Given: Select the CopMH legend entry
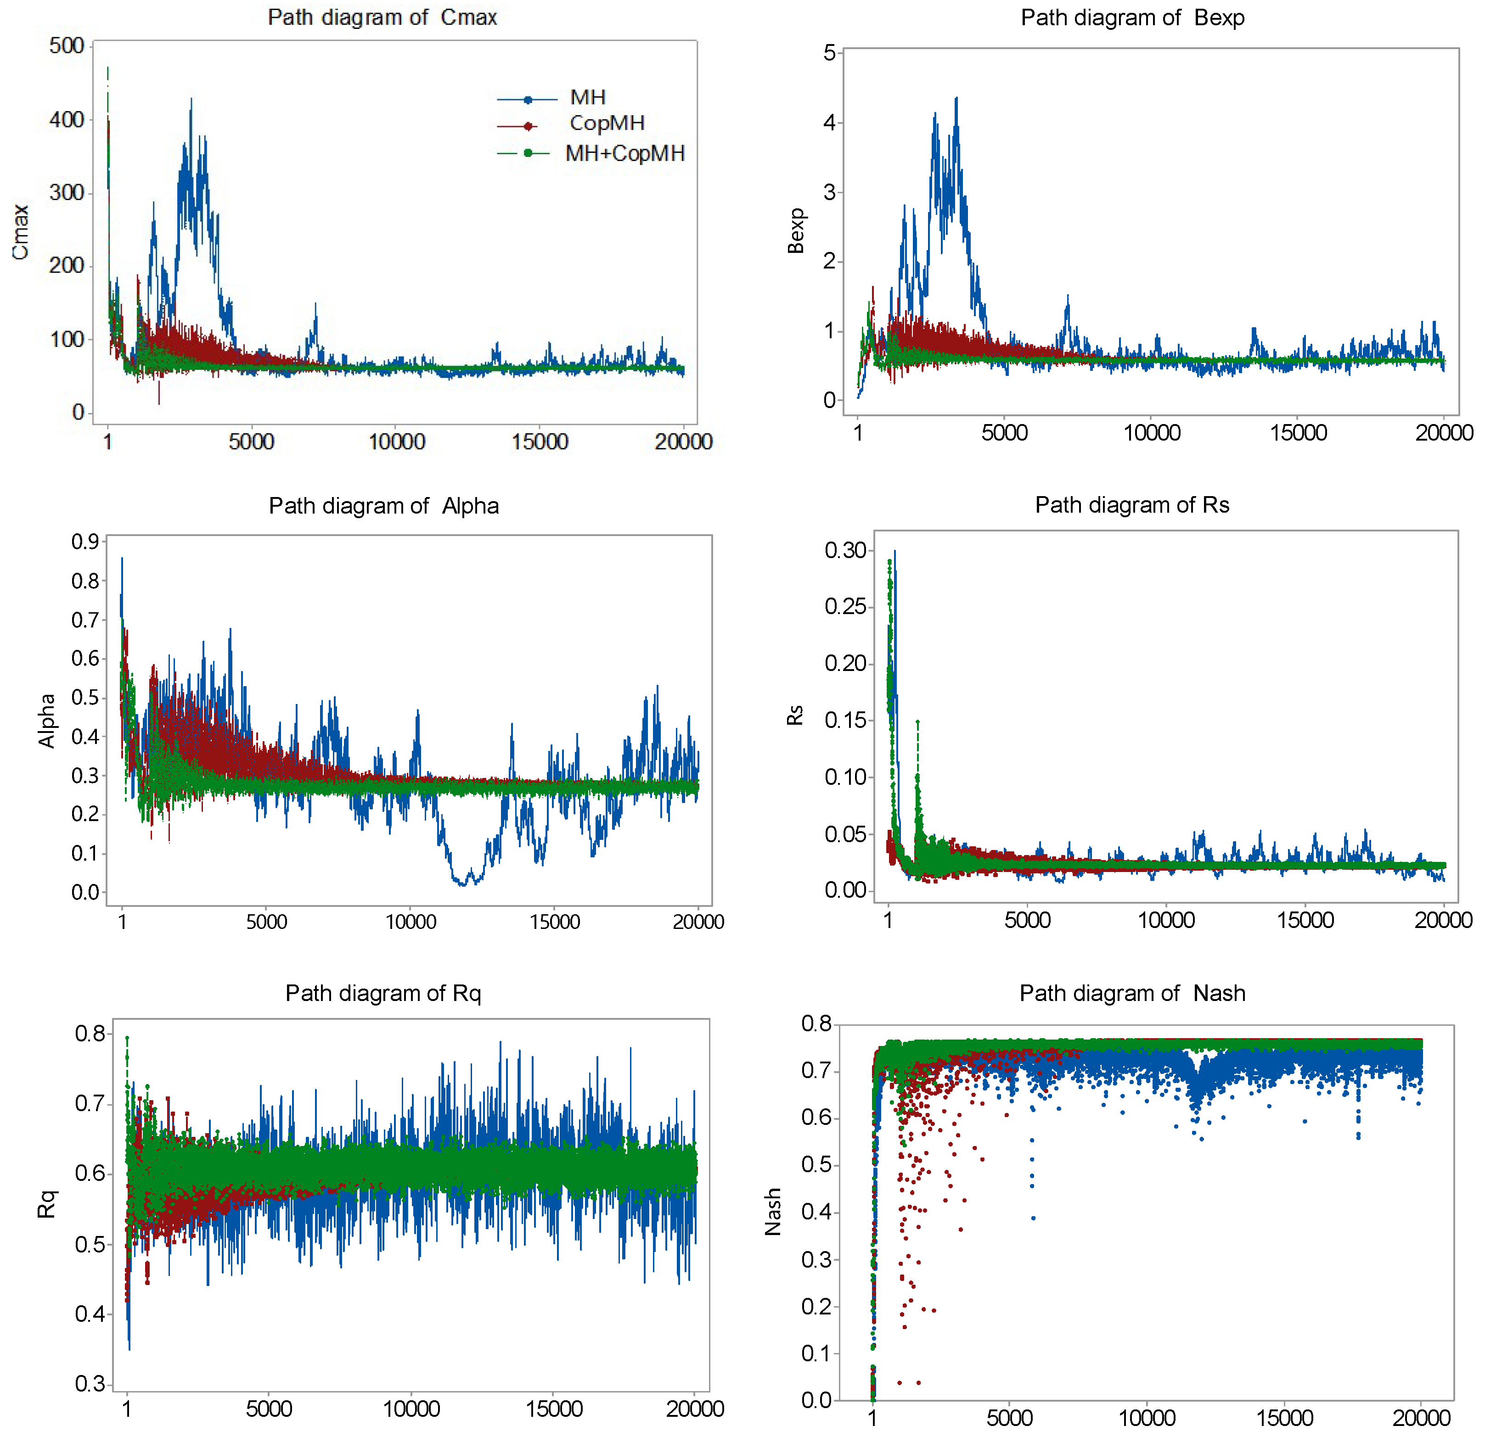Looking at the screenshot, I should point(606,123).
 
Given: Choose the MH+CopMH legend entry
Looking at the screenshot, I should point(624,154).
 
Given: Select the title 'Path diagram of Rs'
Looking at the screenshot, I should point(1131,505).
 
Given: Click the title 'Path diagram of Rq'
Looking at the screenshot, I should point(382,993).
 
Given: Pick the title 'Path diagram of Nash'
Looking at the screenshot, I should point(1131,993).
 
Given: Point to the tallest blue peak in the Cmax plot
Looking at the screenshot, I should point(191,99).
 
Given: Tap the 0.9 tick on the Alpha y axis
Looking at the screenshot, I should point(85,542).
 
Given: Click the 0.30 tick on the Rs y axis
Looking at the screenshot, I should point(845,550).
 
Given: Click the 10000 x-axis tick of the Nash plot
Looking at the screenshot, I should point(1147,1418).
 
